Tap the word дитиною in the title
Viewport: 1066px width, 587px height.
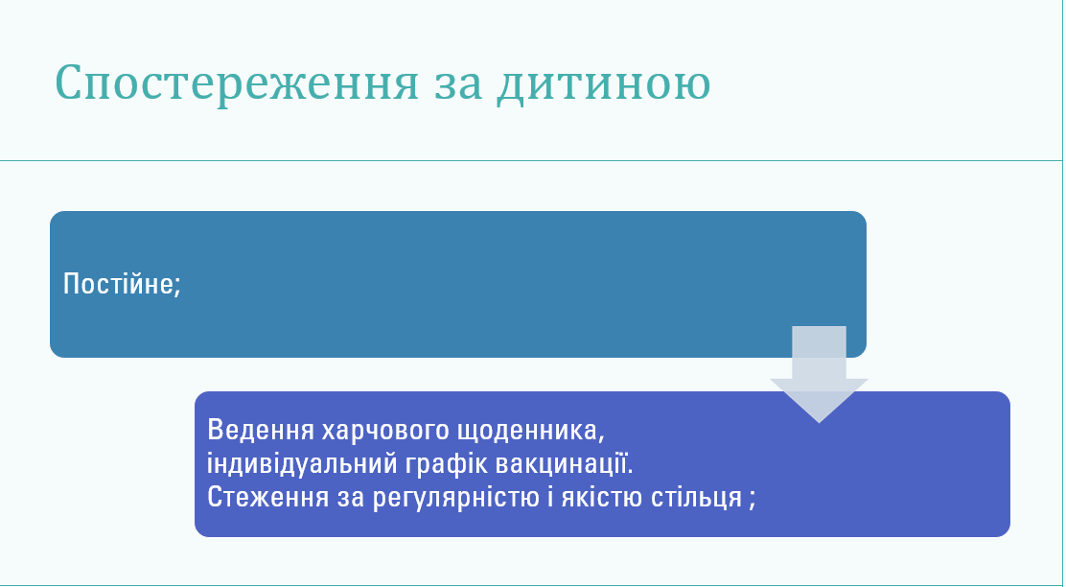tap(604, 83)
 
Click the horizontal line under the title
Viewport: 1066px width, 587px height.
tap(531, 160)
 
